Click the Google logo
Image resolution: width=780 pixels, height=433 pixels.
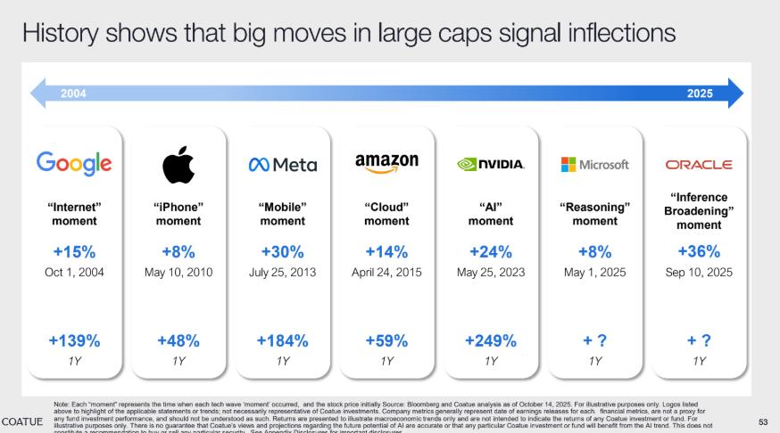pyautogui.click(x=74, y=163)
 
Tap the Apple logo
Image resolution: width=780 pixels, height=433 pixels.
pyautogui.click(x=178, y=165)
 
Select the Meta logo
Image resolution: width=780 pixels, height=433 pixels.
pyautogui.click(x=282, y=165)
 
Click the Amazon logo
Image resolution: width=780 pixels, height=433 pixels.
pyautogui.click(x=386, y=163)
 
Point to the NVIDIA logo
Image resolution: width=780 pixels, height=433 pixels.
pyautogui.click(x=491, y=165)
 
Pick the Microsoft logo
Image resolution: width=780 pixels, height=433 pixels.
pyautogui.click(x=594, y=165)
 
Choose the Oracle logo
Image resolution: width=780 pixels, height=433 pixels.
pyautogui.click(x=699, y=165)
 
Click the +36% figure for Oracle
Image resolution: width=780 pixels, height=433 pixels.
pyautogui.click(x=699, y=251)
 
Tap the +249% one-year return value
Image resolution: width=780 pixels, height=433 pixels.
pyautogui.click(x=491, y=340)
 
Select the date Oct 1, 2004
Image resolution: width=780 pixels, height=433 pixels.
pyautogui.click(x=74, y=272)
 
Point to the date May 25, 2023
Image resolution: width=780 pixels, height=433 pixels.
pyautogui.click(x=491, y=272)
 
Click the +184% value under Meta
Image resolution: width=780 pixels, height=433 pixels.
pyautogui.click(x=282, y=340)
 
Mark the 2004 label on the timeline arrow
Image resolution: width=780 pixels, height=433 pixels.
pyautogui.click(x=74, y=94)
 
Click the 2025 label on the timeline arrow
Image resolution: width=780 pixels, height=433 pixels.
pyautogui.click(x=700, y=94)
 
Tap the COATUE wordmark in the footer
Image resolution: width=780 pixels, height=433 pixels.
pyautogui.click(x=22, y=420)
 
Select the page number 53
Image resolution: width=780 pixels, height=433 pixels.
pyautogui.click(x=763, y=421)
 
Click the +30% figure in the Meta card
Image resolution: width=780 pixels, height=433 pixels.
pyautogui.click(x=282, y=251)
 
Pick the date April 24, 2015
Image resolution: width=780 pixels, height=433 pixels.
pyautogui.click(x=386, y=272)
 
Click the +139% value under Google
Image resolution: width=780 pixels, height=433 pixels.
pyautogui.click(x=74, y=340)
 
